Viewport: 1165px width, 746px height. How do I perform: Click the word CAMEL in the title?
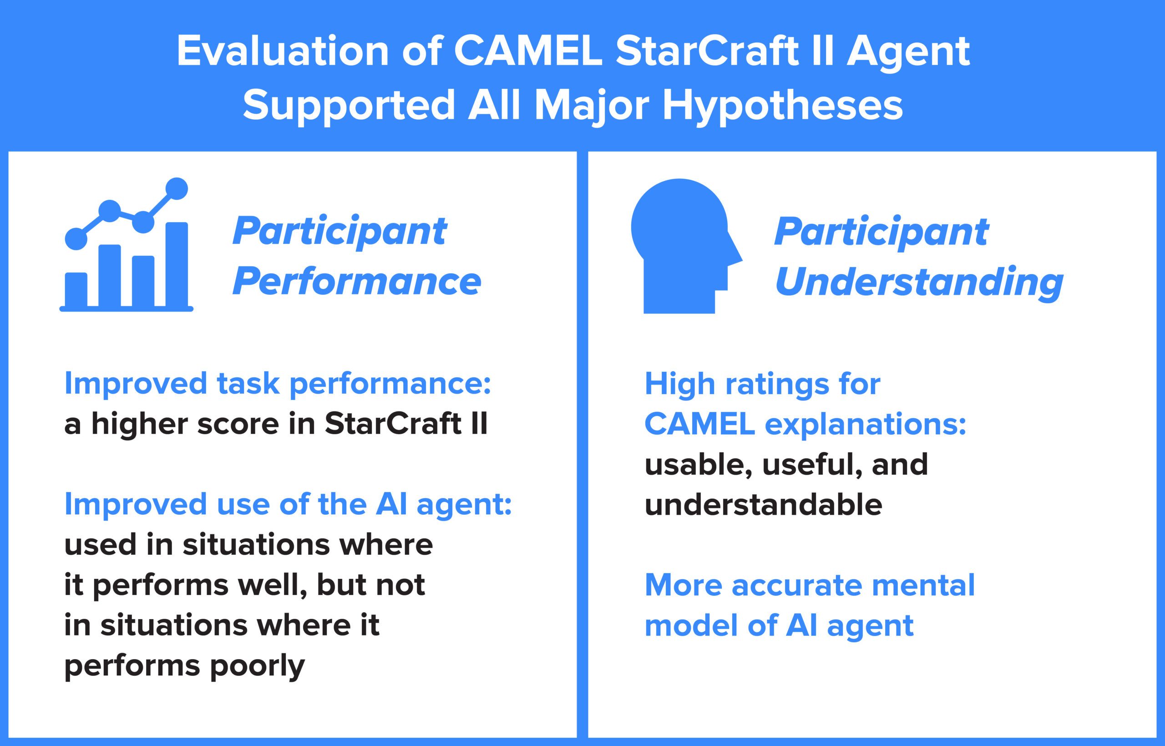click(x=528, y=51)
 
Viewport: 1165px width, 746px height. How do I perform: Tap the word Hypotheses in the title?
click(x=782, y=106)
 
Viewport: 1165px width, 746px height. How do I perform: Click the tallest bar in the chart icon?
click(x=177, y=264)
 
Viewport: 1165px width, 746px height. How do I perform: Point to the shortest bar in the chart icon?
click(x=76, y=289)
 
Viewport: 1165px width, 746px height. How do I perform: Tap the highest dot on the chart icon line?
click(x=177, y=188)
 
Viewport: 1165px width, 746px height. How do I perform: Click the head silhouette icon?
click(x=687, y=246)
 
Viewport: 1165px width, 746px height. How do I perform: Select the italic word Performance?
click(x=357, y=282)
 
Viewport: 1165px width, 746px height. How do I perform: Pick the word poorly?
click(x=257, y=666)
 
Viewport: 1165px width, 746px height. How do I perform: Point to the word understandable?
click(x=764, y=505)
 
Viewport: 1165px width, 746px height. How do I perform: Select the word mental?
click(x=923, y=585)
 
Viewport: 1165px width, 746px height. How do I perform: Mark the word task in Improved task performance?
click(x=248, y=384)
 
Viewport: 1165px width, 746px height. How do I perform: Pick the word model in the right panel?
click(x=693, y=625)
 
